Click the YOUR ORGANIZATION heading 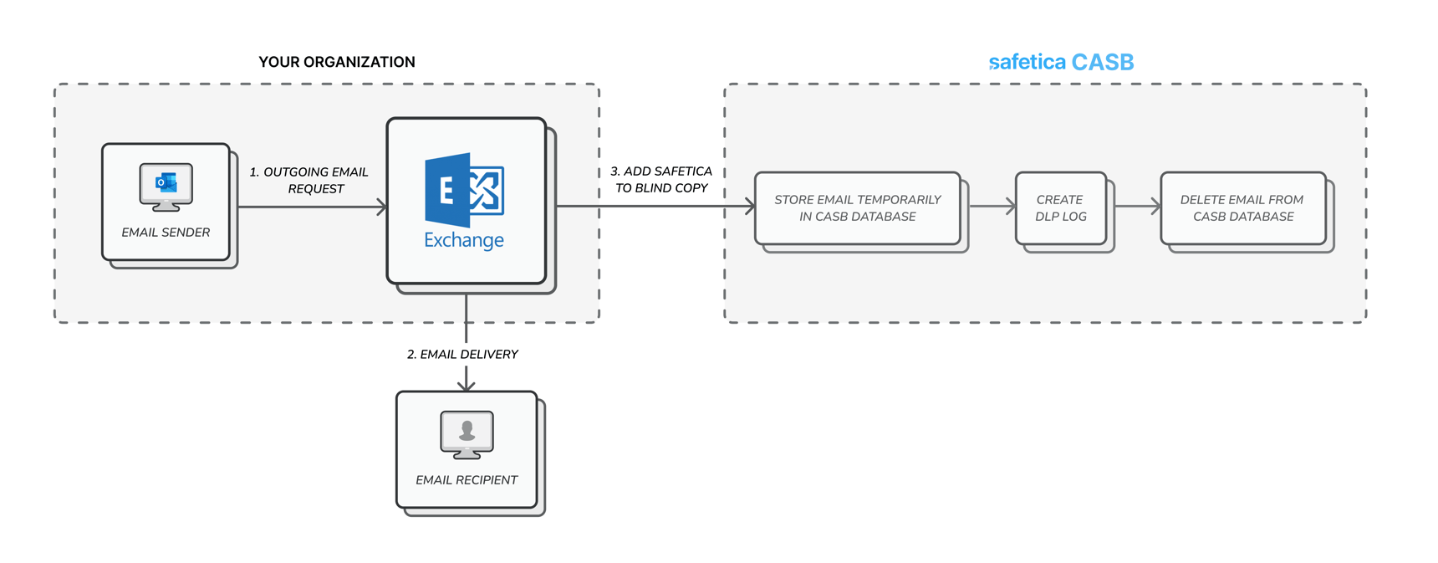(x=336, y=62)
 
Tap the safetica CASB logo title (x=1060, y=62)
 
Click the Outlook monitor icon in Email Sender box (x=166, y=187)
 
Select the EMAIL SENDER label (x=166, y=233)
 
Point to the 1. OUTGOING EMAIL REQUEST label (x=309, y=180)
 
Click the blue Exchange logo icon (x=464, y=190)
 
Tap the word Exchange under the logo (x=464, y=241)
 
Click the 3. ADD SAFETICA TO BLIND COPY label (x=661, y=179)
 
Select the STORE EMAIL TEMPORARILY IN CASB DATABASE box (x=857, y=208)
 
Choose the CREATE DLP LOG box (x=1060, y=208)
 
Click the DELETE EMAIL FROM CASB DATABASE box (x=1242, y=208)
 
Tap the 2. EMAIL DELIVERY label (x=462, y=355)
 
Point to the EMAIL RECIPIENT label (x=467, y=480)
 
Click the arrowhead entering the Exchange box (x=382, y=207)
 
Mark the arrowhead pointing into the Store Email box (x=750, y=207)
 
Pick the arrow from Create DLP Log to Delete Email (x=1138, y=207)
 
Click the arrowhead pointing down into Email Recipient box (x=467, y=386)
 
